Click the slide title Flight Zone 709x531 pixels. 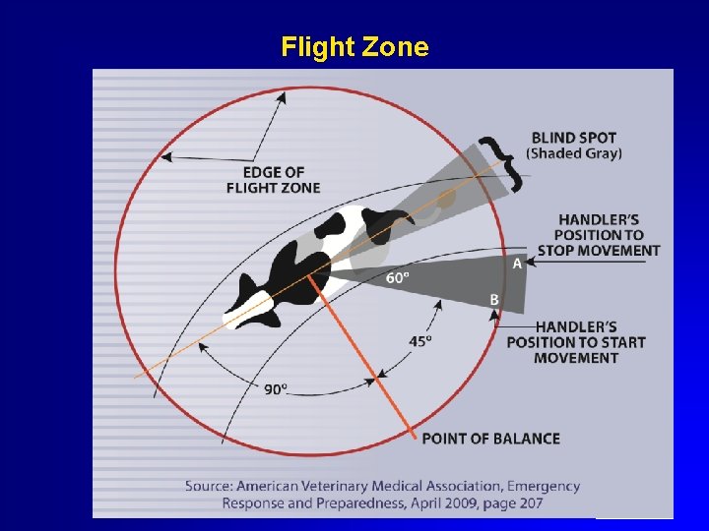[354, 47]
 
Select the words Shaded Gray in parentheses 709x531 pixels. [574, 153]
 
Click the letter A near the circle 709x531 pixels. [517, 264]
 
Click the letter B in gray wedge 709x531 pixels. [494, 299]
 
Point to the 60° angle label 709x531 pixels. [398, 278]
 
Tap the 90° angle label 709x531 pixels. [276, 389]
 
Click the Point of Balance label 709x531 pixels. [490, 439]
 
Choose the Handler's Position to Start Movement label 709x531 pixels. [576, 342]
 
